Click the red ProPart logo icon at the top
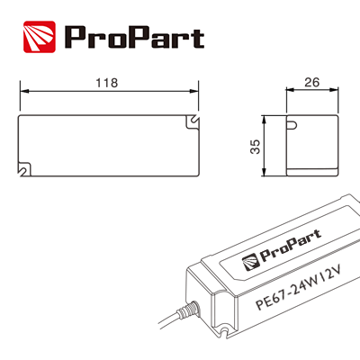[39, 37]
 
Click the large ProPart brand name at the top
[133, 38]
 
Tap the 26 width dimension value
[311, 82]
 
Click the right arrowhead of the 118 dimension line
[195, 92]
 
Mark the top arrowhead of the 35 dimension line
[264, 119]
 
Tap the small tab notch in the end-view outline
[292, 124]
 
